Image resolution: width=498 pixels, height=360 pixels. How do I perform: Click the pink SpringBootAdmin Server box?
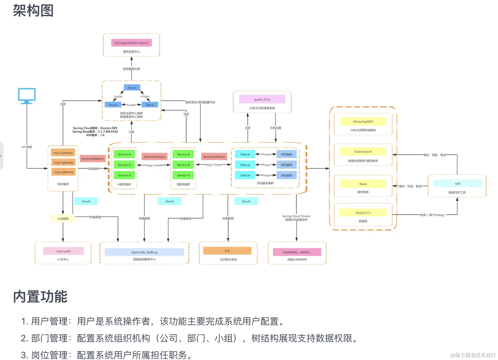coord(131,43)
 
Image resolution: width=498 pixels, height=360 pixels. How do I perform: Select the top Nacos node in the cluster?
coord(132,88)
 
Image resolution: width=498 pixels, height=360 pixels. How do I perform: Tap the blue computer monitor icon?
coord(27,96)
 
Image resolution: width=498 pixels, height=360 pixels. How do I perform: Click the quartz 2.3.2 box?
coord(262,99)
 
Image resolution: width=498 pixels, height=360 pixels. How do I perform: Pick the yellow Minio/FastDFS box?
coord(363,122)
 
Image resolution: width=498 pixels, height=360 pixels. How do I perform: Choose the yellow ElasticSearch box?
coord(363,152)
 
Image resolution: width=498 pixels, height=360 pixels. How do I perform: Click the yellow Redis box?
coord(363,184)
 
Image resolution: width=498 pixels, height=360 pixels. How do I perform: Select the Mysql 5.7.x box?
coord(363,213)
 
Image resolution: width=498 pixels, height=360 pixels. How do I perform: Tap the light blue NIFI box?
coord(458,184)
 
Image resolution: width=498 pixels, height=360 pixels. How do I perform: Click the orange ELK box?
coord(227,251)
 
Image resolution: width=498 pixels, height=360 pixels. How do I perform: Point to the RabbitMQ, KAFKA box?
coord(297,252)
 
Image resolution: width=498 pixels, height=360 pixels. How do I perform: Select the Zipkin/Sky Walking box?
coord(144,252)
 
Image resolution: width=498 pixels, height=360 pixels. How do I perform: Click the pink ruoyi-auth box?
coord(63,251)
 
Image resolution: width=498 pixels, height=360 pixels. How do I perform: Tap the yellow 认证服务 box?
coord(63,219)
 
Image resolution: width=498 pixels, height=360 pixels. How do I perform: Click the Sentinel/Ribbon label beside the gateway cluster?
coord(93,159)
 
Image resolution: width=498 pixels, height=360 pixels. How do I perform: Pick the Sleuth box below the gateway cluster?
coord(86,201)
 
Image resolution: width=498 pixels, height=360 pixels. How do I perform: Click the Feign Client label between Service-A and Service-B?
coord(153,165)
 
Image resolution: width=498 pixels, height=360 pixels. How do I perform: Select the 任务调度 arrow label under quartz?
coord(275,128)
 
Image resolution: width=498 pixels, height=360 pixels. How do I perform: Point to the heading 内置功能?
coord(40,296)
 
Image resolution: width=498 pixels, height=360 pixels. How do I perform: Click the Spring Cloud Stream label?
coord(296,216)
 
